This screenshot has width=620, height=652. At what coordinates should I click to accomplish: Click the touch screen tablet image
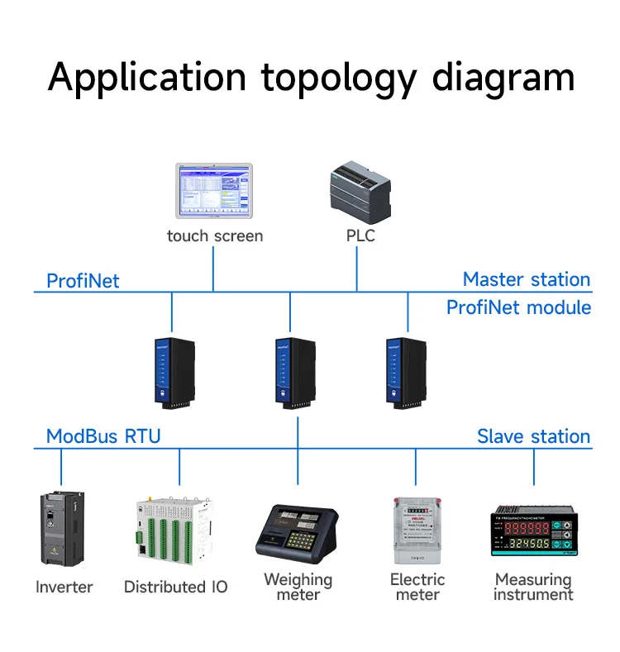click(213, 193)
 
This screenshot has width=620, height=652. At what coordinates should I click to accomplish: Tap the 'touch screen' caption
click(214, 236)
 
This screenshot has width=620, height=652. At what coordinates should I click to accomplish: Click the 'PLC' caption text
click(360, 236)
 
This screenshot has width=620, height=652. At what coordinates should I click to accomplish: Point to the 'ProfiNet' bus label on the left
click(83, 281)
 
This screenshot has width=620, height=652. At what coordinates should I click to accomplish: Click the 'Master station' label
click(527, 279)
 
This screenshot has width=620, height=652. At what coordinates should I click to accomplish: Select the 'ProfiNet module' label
click(518, 307)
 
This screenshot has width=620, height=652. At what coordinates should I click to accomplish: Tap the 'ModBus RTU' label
click(103, 436)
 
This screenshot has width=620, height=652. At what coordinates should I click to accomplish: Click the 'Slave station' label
click(533, 436)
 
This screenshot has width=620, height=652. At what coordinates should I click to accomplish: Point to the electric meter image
click(417, 531)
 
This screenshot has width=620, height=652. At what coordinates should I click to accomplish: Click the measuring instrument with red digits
click(533, 532)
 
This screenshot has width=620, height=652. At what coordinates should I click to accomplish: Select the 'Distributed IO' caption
click(175, 588)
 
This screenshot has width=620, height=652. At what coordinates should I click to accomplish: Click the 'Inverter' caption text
click(64, 588)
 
